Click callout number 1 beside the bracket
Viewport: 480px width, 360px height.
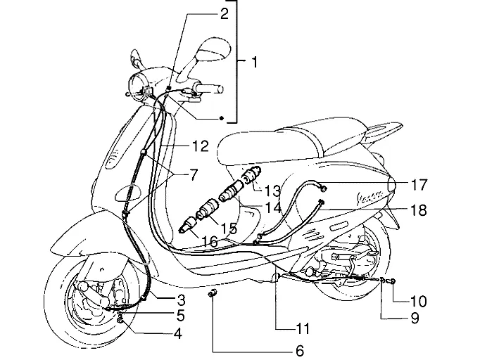[254, 62]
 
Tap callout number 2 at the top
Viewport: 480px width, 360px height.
[224, 14]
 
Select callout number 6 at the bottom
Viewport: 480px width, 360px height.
[300, 351]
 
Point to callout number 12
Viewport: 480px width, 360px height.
[201, 146]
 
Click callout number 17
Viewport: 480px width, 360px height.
[418, 185]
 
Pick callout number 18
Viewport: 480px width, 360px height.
[419, 210]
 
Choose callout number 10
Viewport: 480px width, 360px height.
[418, 301]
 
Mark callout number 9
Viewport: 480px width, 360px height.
[415, 318]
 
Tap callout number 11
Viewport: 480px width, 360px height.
[303, 329]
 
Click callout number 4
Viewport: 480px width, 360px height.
[178, 333]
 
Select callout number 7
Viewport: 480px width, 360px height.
[194, 174]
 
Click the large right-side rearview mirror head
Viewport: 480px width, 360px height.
[215, 48]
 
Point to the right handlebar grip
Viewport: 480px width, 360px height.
[209, 89]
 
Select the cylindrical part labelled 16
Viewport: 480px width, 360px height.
[187, 225]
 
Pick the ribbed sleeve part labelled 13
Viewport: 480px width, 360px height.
[251, 174]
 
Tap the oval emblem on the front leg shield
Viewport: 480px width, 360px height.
[127, 193]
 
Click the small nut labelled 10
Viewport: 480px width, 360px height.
[393, 281]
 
